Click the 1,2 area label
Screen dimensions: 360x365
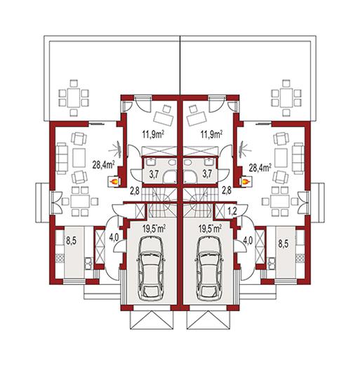point(232,211)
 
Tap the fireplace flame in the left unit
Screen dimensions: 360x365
point(114,181)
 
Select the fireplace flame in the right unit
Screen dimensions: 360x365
point(245,181)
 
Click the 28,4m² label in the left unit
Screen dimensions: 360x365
point(103,166)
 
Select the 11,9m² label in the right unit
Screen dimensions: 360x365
point(211,135)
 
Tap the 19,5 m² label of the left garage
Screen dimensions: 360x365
point(154,229)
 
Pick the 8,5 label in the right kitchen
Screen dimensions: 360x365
point(283,244)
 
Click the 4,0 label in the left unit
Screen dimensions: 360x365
point(114,238)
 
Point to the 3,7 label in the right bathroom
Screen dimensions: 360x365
point(208,173)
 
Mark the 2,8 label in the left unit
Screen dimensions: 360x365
point(135,191)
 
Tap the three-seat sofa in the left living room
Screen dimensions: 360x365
point(62,158)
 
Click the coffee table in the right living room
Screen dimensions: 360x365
point(281,158)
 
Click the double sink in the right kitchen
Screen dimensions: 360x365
point(272,264)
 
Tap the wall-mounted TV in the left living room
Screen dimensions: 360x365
point(119,148)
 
